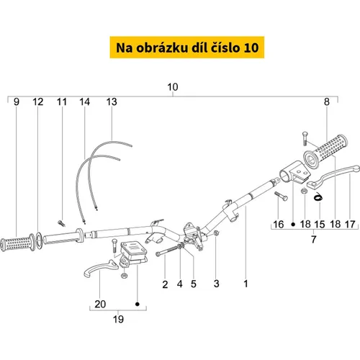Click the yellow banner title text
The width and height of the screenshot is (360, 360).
coord(187,48)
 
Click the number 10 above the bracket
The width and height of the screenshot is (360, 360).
coord(173,87)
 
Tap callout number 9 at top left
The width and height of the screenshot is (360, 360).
coord(17,102)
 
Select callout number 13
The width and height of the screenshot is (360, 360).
coord(112,102)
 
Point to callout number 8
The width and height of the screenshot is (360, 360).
coord(327,102)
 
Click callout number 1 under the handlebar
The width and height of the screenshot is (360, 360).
coord(246,284)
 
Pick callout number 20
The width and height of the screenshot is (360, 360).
coord(100,304)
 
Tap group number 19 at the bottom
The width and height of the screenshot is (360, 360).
coord(118,319)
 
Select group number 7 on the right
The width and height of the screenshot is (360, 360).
coord(314,239)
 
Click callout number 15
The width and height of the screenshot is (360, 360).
coord(320,225)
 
